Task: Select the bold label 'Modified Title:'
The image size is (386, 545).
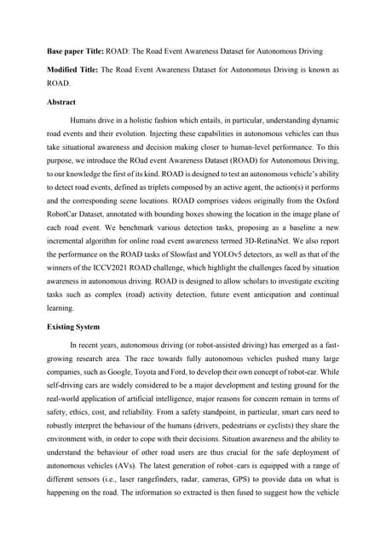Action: pos(74,68)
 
